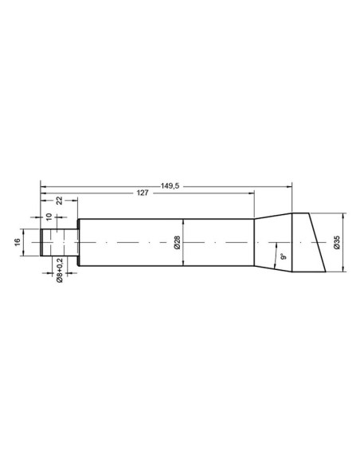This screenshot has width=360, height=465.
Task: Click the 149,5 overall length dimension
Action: click(170, 186)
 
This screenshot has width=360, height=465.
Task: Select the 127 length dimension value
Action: click(143, 193)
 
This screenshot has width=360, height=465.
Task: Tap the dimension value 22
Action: click(59, 200)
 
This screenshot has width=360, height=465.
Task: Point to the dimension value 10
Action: click(49, 217)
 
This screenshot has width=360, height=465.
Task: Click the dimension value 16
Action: click(18, 242)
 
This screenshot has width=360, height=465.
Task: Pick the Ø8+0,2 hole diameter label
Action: click(60, 270)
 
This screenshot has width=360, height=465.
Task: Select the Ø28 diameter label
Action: click(177, 242)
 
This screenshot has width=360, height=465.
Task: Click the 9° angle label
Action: click(284, 256)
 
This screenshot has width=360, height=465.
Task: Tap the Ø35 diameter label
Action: click(337, 242)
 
